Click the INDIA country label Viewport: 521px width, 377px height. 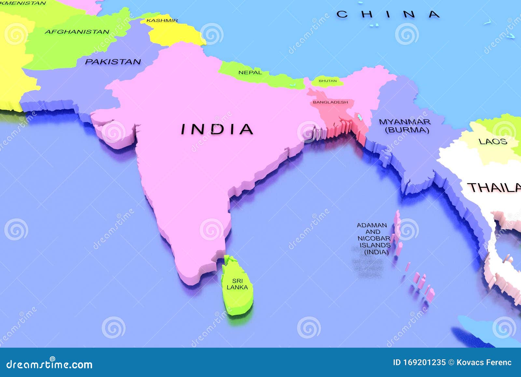tap(217, 129)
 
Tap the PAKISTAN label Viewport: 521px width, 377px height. tap(113, 62)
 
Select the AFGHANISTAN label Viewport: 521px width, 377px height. tap(77, 32)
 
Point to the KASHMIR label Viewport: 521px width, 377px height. tap(162, 20)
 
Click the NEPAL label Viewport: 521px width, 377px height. tap(250, 72)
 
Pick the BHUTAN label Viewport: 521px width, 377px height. tap(328, 81)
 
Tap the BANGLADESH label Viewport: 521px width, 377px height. tap(330, 102)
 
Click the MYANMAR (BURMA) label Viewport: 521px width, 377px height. tap(405, 126)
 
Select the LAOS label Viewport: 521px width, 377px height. tap(493, 141)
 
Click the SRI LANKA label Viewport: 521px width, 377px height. tap(237, 284)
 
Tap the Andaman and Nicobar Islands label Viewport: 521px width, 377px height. tap(373, 239)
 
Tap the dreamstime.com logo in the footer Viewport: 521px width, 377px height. tap(49, 364)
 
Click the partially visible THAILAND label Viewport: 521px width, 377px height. tap(494, 188)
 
